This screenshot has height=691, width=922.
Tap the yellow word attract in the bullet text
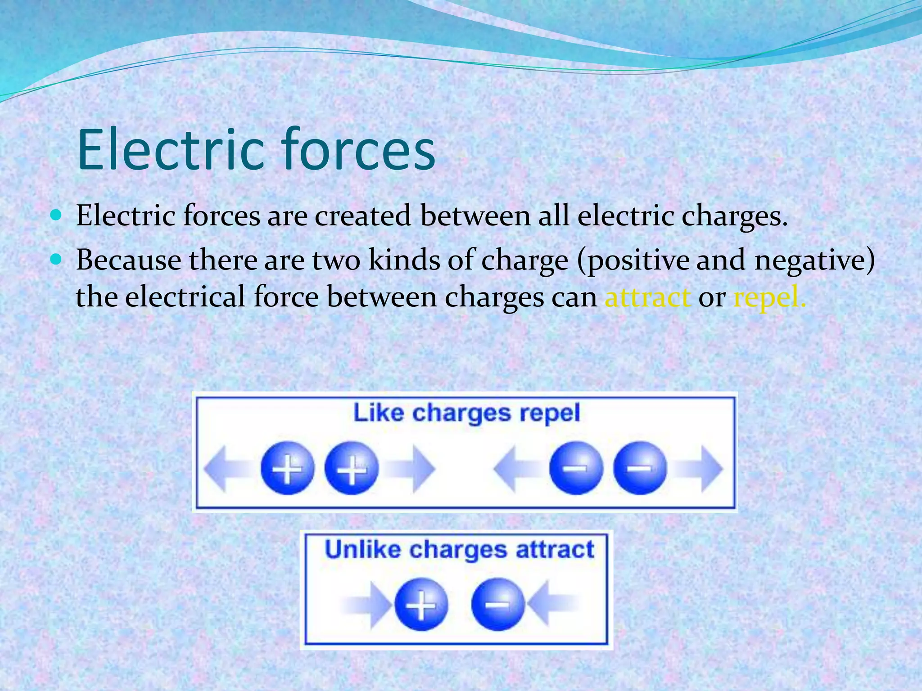coord(647,298)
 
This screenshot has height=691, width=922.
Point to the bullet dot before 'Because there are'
coord(56,260)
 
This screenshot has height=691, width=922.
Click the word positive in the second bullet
coord(638,261)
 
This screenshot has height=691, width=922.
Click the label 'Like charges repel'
coord(466,413)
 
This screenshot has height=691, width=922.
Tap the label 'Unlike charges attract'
coord(459,550)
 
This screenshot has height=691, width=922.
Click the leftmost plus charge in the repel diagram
coord(287,468)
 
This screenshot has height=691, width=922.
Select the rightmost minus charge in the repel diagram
coord(640,468)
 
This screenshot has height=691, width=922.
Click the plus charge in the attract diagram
coord(421,604)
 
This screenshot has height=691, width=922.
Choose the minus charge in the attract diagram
coord(497,604)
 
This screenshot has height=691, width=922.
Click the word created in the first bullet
coord(363,216)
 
